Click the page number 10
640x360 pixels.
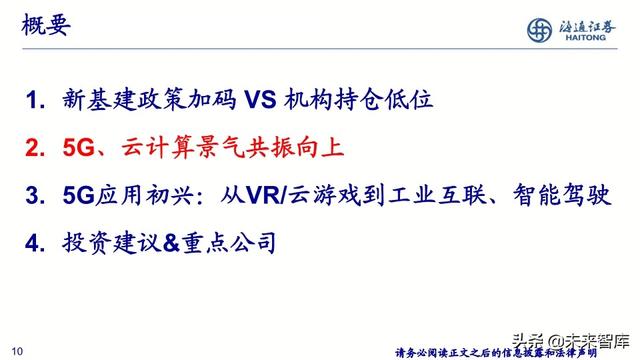17,349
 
